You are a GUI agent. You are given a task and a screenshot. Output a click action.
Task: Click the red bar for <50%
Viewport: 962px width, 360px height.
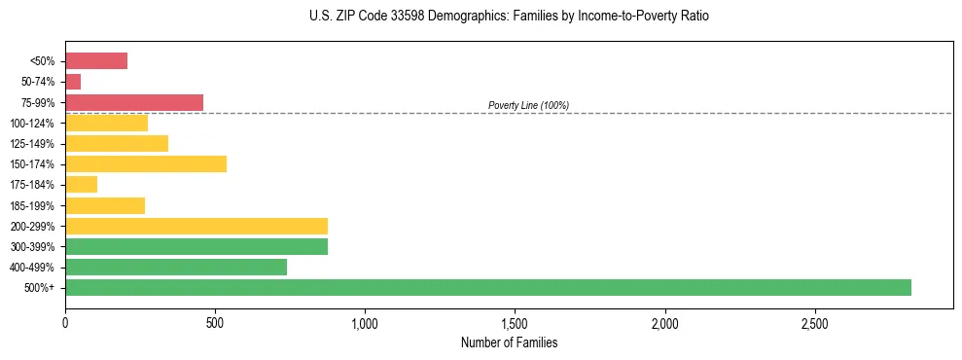(96, 61)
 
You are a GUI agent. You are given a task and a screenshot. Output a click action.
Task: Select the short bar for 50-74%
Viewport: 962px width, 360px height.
(73, 82)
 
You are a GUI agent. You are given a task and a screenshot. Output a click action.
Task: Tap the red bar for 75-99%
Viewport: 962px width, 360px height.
(134, 102)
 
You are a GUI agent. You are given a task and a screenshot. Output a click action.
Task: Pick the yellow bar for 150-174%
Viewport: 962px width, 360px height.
(146, 163)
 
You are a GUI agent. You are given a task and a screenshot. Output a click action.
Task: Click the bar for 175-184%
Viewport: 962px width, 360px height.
(82, 184)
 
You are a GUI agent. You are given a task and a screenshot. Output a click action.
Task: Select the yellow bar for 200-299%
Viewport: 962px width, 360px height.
(196, 226)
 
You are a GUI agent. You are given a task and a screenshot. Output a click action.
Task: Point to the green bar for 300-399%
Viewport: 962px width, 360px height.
(196, 246)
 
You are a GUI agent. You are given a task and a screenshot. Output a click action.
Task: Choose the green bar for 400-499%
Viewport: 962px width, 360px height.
(176, 267)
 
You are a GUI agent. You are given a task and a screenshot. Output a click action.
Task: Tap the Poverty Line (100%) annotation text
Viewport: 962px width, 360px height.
(528, 105)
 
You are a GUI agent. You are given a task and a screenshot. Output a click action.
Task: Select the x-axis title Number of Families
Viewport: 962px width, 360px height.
(510, 342)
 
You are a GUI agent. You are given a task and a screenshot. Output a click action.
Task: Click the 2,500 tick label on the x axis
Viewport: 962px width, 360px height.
(815, 322)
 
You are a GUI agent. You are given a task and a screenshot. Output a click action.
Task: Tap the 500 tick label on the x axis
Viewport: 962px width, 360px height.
(215, 322)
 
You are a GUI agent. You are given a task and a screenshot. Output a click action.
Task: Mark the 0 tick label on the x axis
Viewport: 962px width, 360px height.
(65, 322)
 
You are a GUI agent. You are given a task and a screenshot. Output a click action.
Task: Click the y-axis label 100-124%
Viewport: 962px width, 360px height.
(32, 124)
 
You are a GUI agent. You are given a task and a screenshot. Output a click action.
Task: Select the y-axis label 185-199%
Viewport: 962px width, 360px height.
(32, 205)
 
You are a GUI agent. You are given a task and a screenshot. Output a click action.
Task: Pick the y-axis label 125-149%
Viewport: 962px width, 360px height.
(32, 144)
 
